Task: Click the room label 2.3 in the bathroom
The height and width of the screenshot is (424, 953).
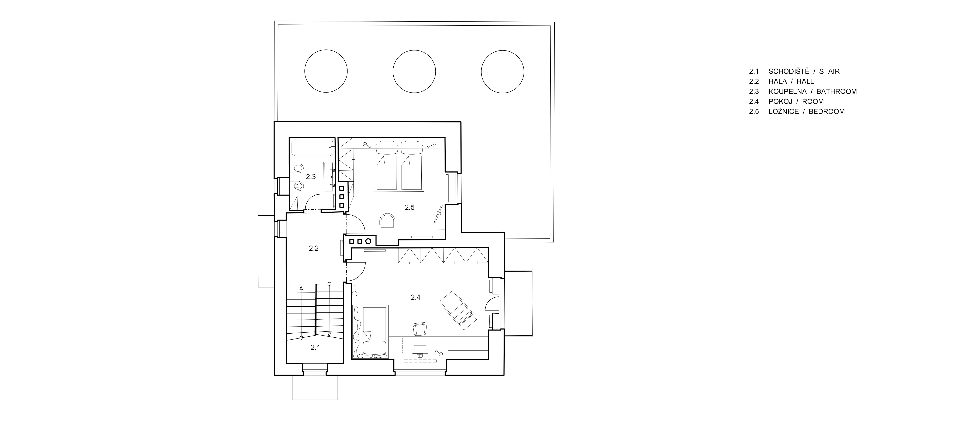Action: click(311, 177)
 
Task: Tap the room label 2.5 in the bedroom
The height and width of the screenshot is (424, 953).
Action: click(410, 207)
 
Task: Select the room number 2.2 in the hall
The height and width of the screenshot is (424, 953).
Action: click(314, 249)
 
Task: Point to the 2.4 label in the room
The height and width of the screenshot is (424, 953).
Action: click(415, 297)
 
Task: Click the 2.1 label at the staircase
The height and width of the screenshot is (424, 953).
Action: click(315, 347)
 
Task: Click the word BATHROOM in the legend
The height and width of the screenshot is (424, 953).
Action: click(836, 91)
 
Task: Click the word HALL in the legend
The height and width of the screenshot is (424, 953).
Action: click(805, 81)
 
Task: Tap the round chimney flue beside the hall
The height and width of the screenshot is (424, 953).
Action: click(369, 241)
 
